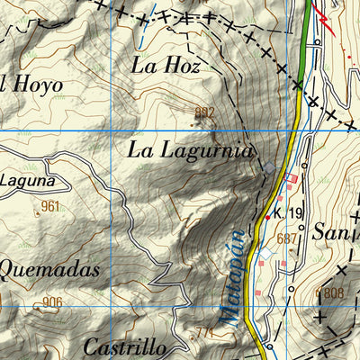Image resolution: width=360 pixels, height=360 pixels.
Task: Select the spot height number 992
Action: [205, 112]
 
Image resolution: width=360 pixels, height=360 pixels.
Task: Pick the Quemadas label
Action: [48, 268]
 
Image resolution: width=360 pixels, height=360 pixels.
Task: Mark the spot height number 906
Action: [52, 302]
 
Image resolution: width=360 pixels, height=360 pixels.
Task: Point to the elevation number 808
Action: [332, 293]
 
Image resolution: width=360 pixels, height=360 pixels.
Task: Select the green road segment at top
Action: [306, 36]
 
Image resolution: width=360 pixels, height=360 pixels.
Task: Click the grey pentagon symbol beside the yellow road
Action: [271, 167]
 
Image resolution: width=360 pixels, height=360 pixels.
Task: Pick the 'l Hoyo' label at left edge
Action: [31, 85]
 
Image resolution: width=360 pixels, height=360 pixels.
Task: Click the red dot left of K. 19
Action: [267, 217]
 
